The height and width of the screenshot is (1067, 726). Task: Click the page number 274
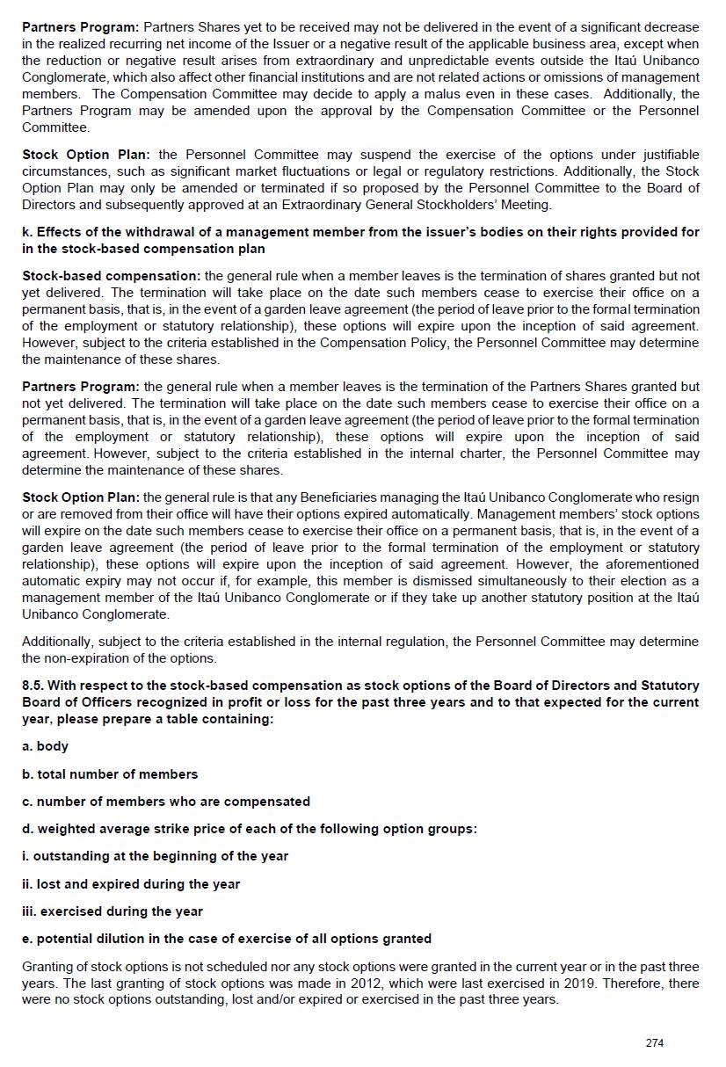(x=654, y=1043)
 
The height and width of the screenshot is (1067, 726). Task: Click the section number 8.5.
(x=37, y=686)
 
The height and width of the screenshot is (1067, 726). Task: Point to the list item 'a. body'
(x=45, y=746)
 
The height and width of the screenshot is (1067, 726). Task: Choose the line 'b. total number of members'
(x=110, y=774)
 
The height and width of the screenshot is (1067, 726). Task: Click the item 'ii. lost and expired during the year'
(x=131, y=884)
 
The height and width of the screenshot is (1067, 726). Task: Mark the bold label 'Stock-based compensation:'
(x=111, y=276)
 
